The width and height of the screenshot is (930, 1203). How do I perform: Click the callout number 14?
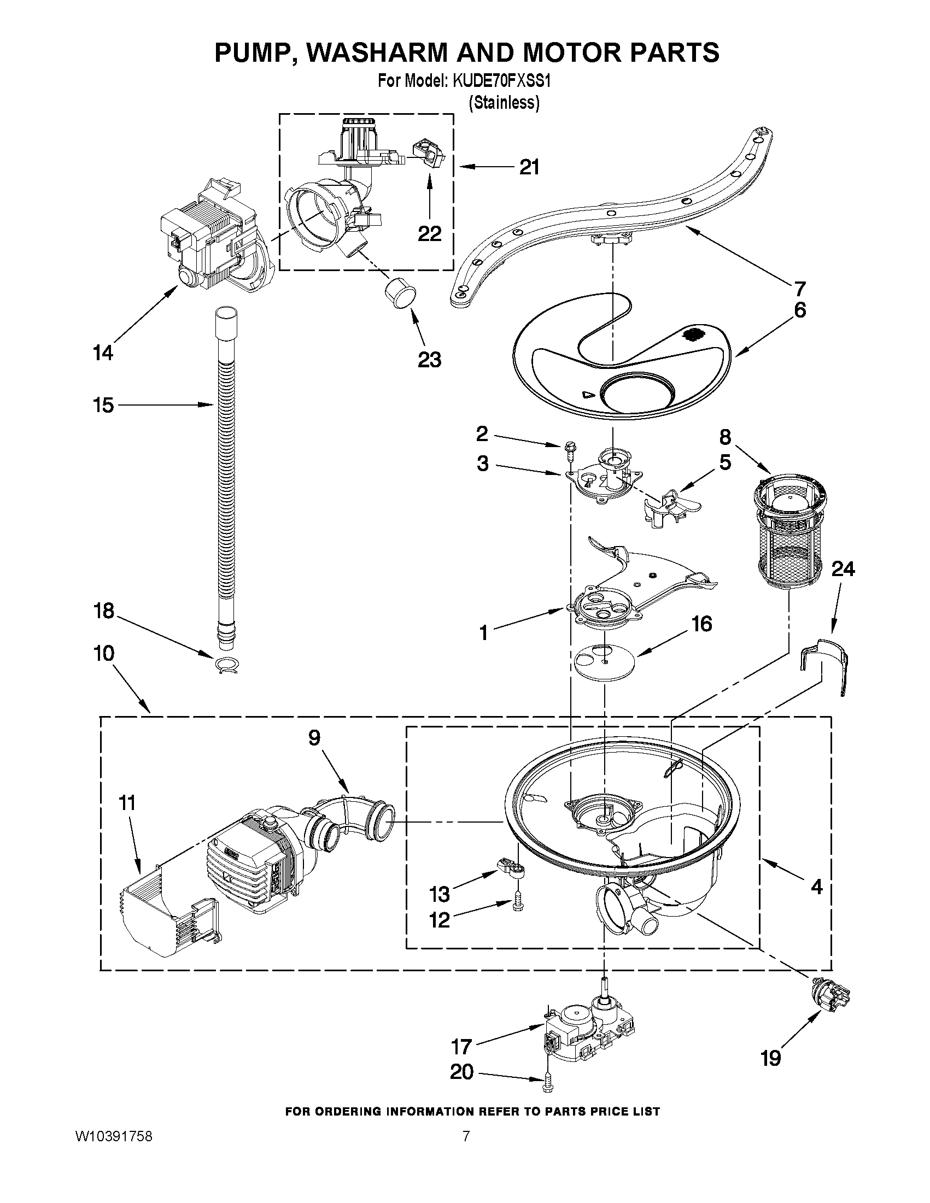[103, 353]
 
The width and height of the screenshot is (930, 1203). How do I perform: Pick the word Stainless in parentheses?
[504, 102]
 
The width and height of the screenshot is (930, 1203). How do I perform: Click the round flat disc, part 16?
[604, 660]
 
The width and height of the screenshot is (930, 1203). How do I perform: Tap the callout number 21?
[529, 167]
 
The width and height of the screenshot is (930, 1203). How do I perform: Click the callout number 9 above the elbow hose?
[314, 738]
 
